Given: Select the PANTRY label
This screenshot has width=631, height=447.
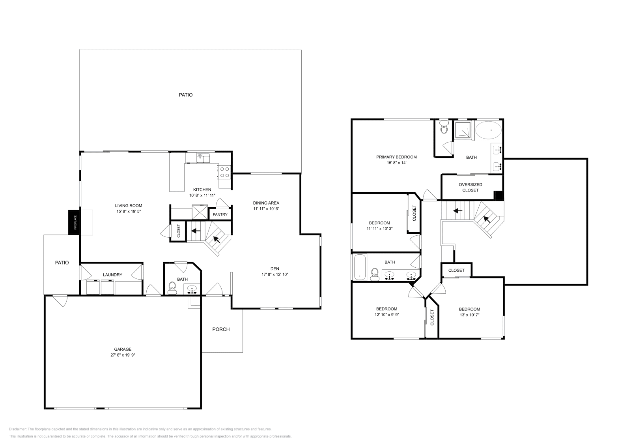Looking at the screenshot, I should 220,214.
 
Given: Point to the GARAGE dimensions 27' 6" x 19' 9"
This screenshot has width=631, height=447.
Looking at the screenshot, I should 123,355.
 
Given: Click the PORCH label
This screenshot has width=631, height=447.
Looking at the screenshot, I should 221,329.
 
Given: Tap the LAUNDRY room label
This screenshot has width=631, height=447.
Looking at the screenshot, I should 112,275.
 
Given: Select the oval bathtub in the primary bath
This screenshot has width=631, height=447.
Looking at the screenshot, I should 488,130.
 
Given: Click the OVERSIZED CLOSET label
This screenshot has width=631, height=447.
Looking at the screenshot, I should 470,187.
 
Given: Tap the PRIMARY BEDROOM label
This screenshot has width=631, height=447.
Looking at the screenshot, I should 396,157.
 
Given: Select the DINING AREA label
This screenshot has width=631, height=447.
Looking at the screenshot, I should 266,203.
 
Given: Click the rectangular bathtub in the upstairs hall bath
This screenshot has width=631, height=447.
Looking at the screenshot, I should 360,268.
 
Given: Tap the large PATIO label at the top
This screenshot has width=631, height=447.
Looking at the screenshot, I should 185,95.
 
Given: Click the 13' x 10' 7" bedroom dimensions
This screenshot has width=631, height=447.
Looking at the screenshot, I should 469,315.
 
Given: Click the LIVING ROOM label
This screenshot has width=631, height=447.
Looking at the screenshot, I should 129,205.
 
